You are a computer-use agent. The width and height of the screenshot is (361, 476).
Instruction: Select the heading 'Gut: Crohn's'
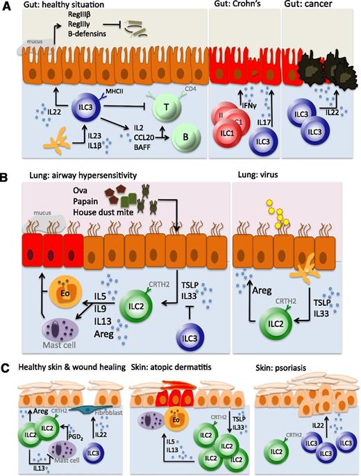[237, 6]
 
